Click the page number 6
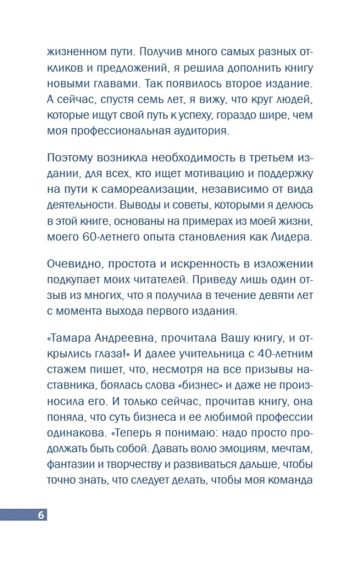[x=41, y=515]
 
